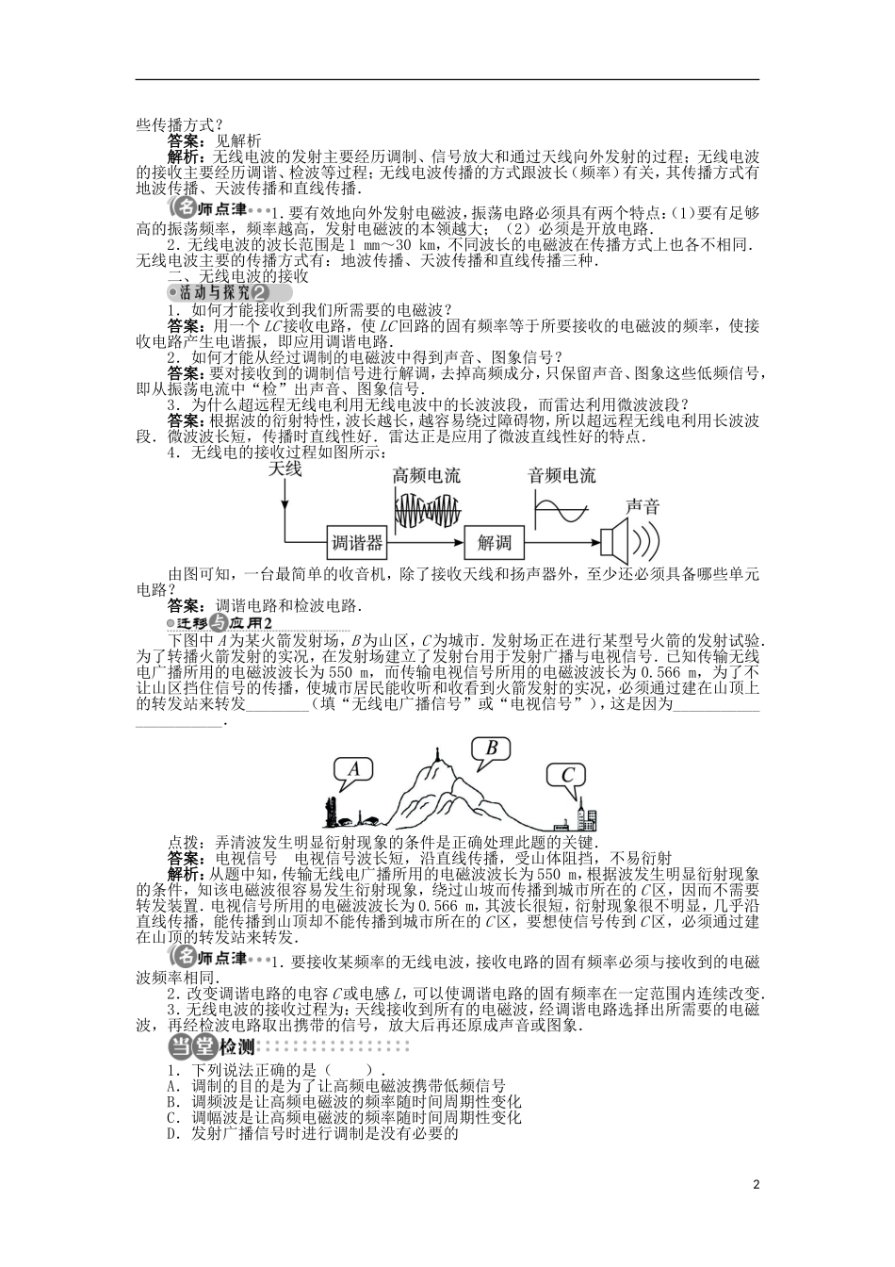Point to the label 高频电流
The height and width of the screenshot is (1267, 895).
[x=427, y=475]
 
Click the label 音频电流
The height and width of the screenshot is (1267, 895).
[x=561, y=475]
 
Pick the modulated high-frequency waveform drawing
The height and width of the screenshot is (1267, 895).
[x=428, y=510]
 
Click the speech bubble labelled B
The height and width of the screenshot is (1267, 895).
[x=490, y=749]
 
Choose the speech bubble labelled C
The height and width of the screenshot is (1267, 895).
[x=567, y=776]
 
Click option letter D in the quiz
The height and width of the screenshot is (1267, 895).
[x=172, y=1133]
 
